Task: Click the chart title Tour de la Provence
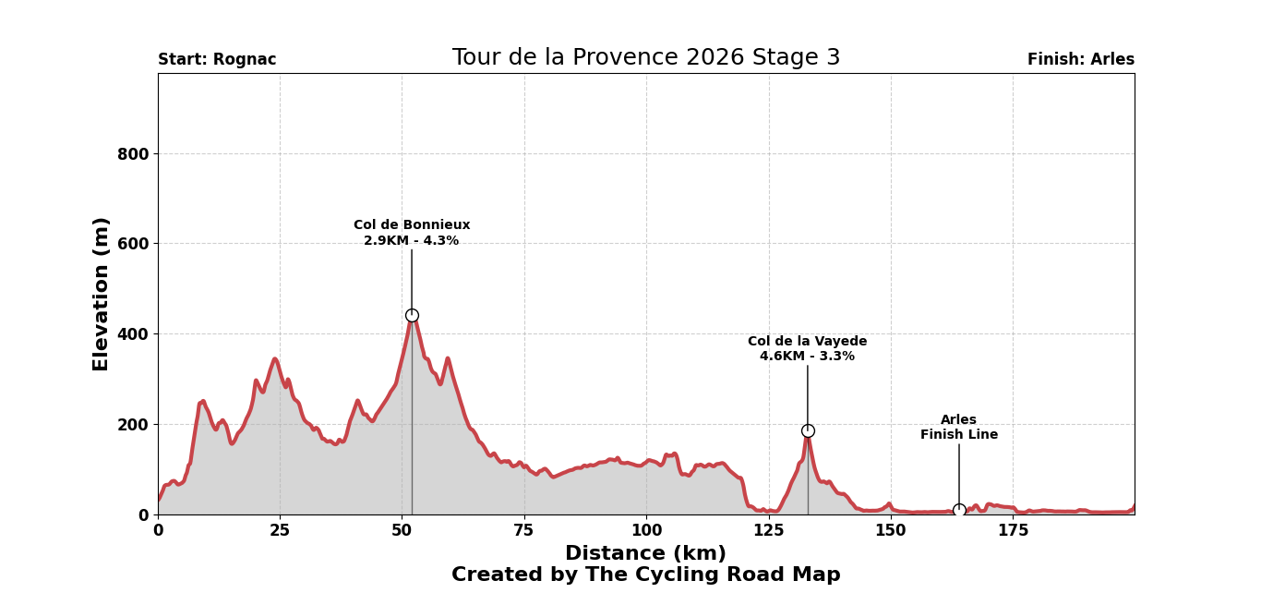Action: point(645,58)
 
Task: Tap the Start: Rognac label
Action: point(217,60)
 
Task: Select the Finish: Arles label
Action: point(1080,60)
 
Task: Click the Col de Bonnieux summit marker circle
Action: point(412,315)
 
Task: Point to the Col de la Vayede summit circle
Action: point(808,430)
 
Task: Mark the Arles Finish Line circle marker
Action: point(959,510)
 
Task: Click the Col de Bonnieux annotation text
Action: point(412,233)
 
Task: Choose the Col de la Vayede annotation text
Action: point(807,349)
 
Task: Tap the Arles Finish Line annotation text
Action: point(959,428)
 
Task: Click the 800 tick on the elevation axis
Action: point(133,154)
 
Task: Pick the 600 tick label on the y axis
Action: point(133,244)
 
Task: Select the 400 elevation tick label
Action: point(133,334)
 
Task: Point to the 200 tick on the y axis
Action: point(133,425)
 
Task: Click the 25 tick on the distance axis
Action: point(280,531)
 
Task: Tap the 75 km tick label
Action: point(524,531)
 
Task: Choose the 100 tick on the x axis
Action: point(646,531)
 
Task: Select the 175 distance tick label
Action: point(1013,531)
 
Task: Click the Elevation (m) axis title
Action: point(102,294)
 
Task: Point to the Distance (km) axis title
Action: point(645,554)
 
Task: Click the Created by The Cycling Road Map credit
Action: point(645,575)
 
